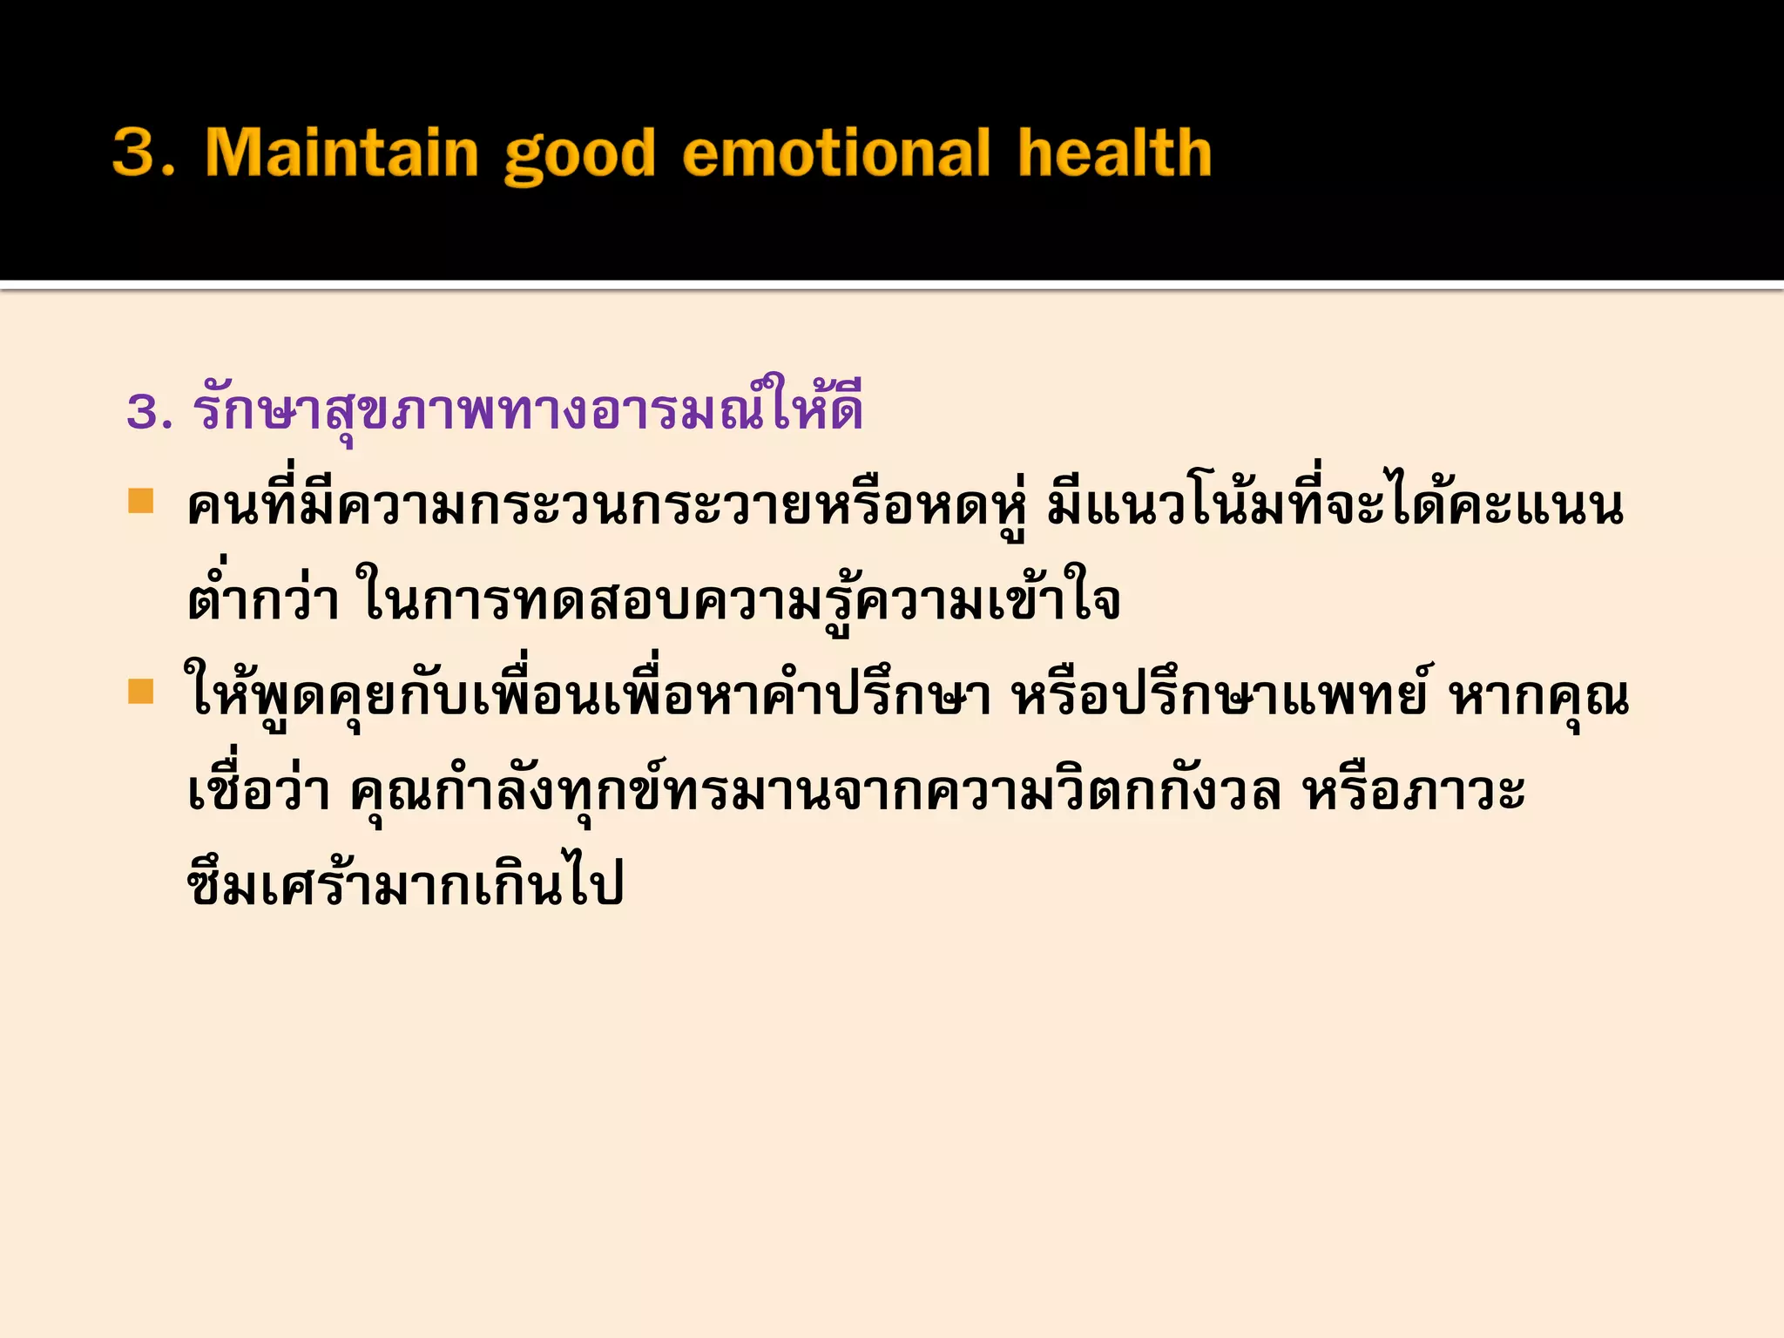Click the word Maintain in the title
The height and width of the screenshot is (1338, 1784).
coord(341,153)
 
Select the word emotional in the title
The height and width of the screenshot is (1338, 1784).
coord(836,153)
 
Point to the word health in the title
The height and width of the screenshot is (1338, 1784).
coord(1114,153)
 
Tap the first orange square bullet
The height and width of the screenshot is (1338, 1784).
coord(140,502)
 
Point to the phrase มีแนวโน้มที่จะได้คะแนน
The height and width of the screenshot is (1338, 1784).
coord(1335,508)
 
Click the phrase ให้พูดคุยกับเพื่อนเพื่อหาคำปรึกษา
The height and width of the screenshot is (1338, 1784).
coord(588,698)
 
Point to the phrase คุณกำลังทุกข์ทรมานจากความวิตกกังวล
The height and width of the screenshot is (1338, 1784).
coord(815,791)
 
